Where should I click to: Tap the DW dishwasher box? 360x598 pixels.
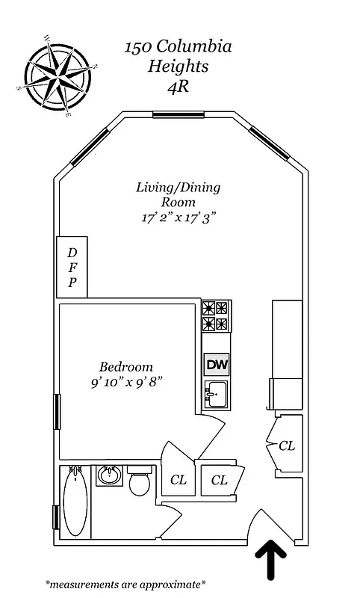[x=216, y=365]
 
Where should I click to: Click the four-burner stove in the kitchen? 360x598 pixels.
[x=216, y=315]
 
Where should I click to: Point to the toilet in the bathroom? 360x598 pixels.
[x=139, y=482]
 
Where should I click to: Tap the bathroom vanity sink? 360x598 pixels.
[x=110, y=475]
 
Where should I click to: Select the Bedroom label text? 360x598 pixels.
[x=126, y=367]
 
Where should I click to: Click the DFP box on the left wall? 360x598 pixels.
[x=72, y=267]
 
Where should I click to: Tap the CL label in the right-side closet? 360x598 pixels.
[x=287, y=446]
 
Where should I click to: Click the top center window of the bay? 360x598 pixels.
[x=179, y=114]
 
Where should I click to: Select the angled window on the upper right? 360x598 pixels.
[x=269, y=143]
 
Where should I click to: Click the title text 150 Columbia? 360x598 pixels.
[x=178, y=48]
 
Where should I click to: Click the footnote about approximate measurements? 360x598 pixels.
[x=125, y=583]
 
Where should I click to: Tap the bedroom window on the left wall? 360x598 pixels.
[x=56, y=412]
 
